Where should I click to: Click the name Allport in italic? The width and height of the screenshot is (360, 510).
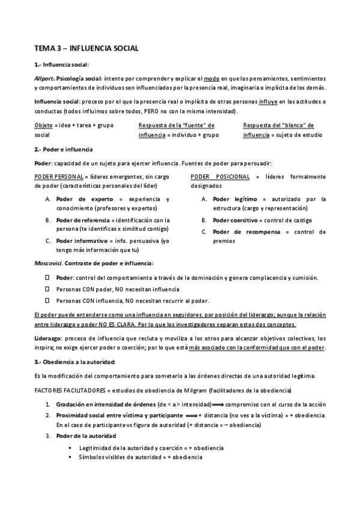coord(44,78)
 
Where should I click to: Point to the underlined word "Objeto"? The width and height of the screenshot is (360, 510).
coord(43,124)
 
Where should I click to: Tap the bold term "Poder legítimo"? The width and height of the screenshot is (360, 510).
coord(235,199)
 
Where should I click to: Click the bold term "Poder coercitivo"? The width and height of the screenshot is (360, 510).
coord(238,220)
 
